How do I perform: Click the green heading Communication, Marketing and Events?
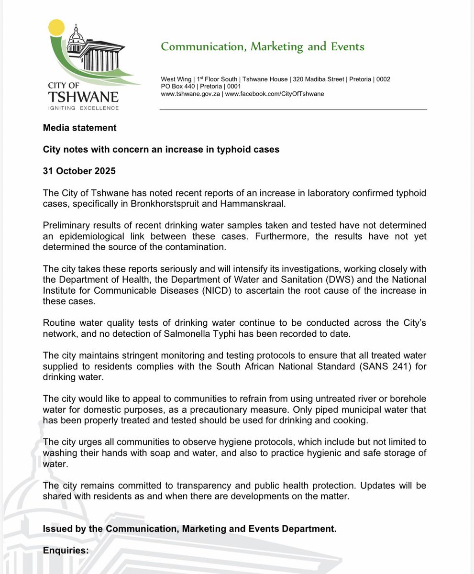(x=263, y=46)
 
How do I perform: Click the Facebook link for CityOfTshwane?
(x=274, y=94)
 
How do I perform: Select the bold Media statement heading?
(x=79, y=128)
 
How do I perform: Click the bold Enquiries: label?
(x=66, y=550)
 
